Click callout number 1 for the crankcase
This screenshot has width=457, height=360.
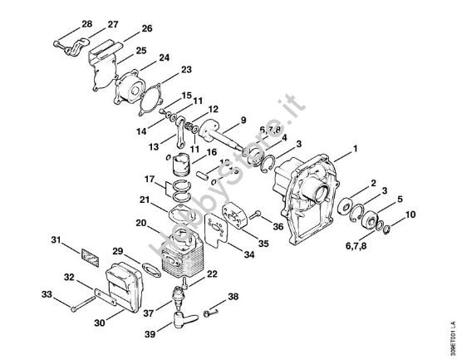point(355,150)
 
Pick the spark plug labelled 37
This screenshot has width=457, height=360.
point(178,294)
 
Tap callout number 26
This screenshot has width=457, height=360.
point(146,28)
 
